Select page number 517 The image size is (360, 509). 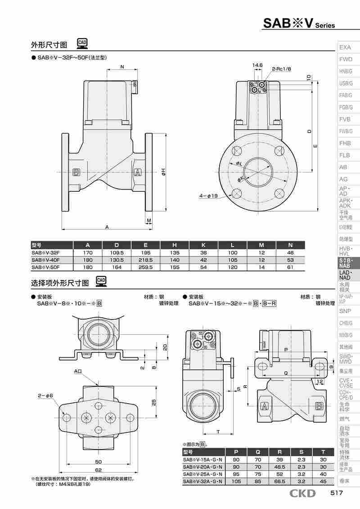[337, 494]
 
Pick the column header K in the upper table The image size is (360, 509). [203, 245]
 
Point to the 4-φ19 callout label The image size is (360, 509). [208, 196]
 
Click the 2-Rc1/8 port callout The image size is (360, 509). [281, 69]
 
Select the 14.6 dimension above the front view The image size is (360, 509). [257, 65]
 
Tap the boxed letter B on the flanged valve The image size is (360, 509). [76, 172]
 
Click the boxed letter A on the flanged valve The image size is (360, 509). [138, 172]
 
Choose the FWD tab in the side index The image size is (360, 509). [346, 59]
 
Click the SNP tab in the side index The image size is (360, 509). [346, 311]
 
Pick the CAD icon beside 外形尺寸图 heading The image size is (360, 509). [82, 43]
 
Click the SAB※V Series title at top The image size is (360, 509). [299, 24]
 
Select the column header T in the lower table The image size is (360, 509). [323, 452]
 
